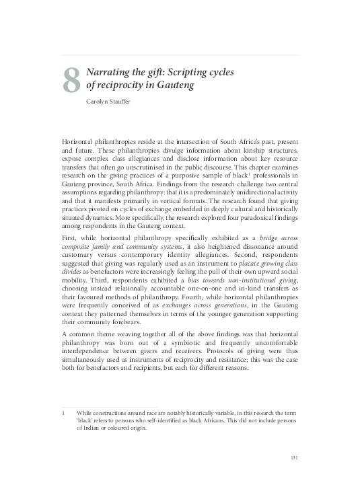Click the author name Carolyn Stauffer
click(x=112, y=103)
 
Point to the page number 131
click(x=293, y=458)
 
